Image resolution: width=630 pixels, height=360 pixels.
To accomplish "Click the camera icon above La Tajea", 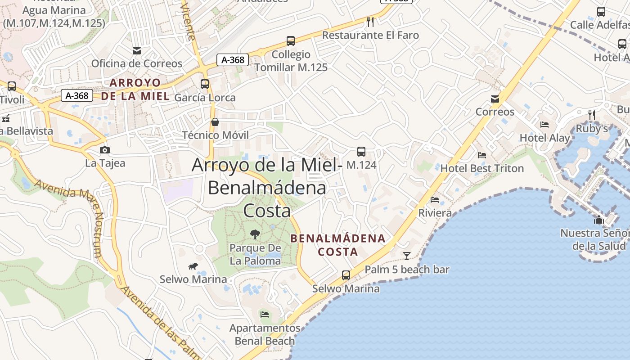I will tap(105, 150).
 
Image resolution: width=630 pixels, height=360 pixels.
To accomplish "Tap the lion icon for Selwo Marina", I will tap(193, 266).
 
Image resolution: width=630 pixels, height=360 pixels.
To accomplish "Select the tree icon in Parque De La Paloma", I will tap(255, 234).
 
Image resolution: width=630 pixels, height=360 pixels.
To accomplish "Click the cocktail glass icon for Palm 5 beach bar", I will tap(407, 256).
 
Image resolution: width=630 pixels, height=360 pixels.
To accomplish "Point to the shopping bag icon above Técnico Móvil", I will tap(215, 122).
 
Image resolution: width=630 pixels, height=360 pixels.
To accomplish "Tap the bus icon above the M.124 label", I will tap(361, 151).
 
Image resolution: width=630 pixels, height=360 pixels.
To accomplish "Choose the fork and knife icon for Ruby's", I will tap(592, 115).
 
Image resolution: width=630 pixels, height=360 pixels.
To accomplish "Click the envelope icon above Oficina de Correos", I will tap(137, 50).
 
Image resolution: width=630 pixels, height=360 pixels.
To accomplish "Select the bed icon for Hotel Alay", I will tap(544, 125).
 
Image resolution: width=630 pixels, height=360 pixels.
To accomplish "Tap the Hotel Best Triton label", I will tap(482, 168).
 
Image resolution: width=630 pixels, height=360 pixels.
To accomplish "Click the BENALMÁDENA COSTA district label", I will tap(338, 245).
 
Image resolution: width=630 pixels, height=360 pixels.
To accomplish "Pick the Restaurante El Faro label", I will tap(370, 35).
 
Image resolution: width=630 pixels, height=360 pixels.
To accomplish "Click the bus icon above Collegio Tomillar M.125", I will tap(291, 41).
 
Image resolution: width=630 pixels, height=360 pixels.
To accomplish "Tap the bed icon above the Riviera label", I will tap(435, 199).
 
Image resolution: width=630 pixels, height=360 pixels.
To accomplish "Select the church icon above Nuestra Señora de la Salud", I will tap(599, 220).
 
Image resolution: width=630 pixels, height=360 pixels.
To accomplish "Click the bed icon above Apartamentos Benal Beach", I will tap(265, 314).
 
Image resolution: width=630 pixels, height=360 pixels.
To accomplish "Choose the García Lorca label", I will tap(205, 97).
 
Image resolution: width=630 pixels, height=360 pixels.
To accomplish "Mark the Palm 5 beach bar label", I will tap(407, 270).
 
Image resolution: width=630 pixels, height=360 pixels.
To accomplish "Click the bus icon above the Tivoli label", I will tap(12, 86).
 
